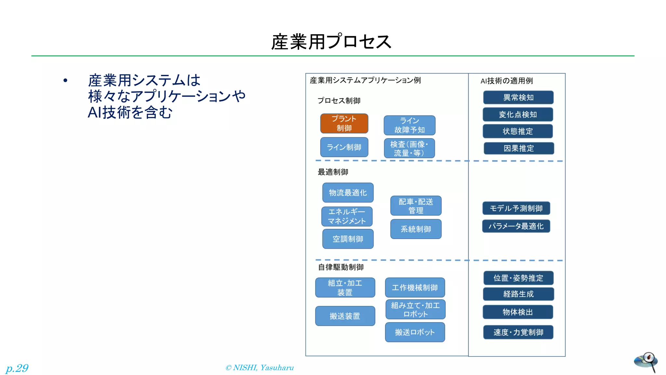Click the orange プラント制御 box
click(x=344, y=123)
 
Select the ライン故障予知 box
click(x=409, y=125)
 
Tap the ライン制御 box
click(x=344, y=147)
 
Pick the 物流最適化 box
click(x=348, y=192)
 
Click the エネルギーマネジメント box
click(x=347, y=216)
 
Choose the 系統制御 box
click(x=416, y=229)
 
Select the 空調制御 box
click(x=348, y=239)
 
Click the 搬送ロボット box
click(x=415, y=332)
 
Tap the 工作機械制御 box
click(x=415, y=287)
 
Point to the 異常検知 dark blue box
click(x=518, y=97)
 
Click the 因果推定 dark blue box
click(x=519, y=148)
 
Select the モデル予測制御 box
click(x=516, y=208)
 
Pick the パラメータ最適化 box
click(x=516, y=226)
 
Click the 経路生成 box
click(x=518, y=294)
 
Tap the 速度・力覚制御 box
click(x=518, y=332)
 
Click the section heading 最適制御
click(x=333, y=172)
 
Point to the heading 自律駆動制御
click(x=340, y=267)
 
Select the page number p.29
click(x=17, y=368)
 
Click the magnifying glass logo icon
click(x=646, y=361)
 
